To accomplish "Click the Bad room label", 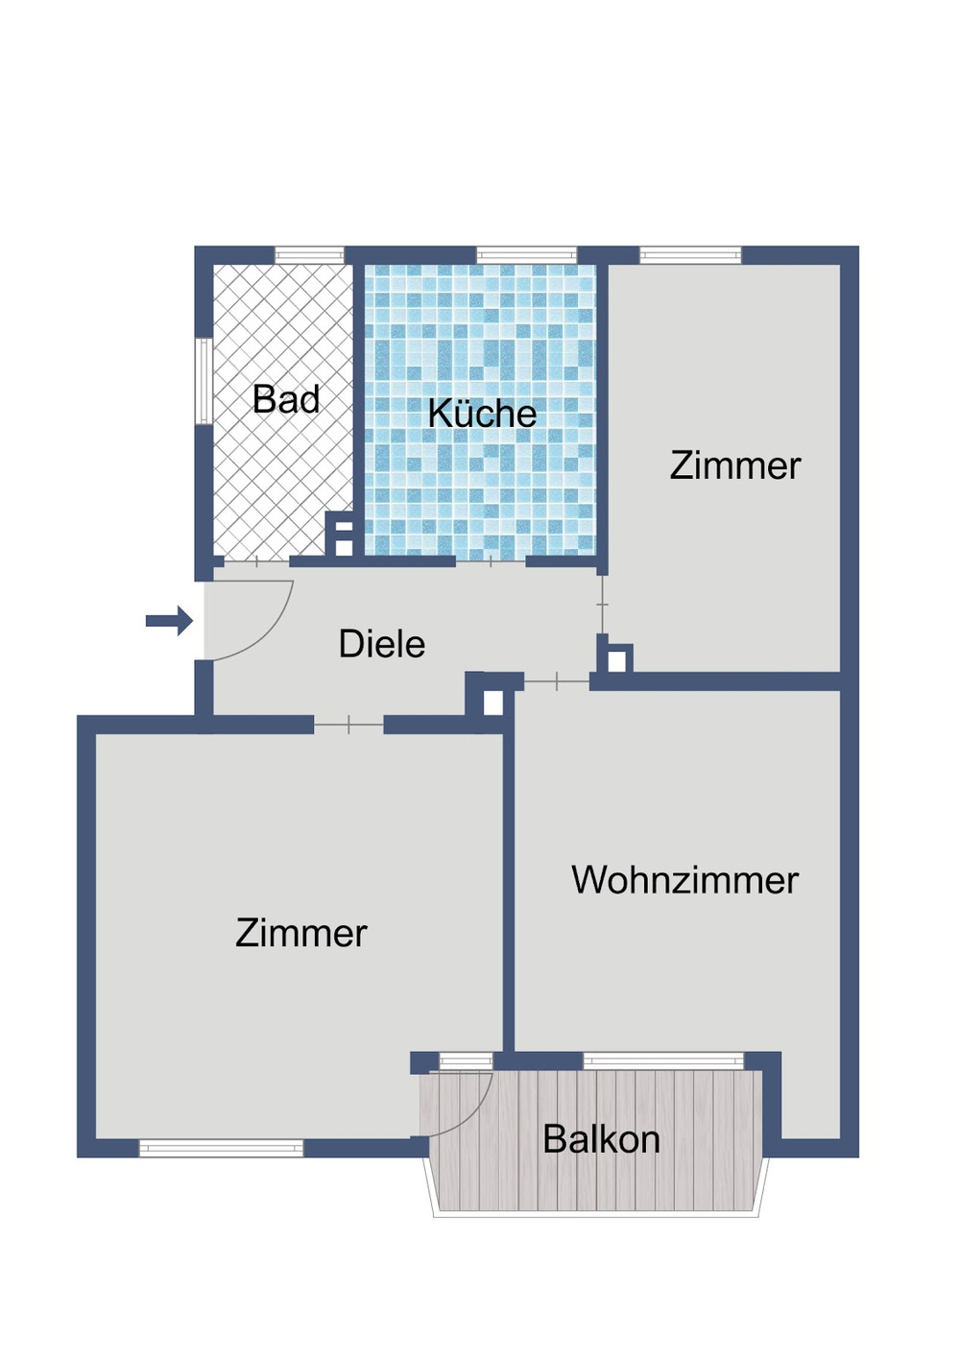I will click(x=286, y=399).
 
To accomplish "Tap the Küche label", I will click(x=482, y=414).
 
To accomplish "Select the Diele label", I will click(x=381, y=643).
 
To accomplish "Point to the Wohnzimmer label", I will click(x=684, y=880).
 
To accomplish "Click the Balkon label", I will click(x=601, y=1139).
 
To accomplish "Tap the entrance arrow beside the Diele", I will click(x=170, y=621).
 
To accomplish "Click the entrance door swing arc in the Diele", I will click(x=274, y=634).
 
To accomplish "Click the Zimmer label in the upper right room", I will click(x=734, y=465).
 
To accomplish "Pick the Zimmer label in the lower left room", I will click(x=300, y=933).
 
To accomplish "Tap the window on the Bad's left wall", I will click(x=204, y=381).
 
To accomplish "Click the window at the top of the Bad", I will click(x=309, y=255).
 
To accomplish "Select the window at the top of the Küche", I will click(x=526, y=255).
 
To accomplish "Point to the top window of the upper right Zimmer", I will click(x=690, y=255).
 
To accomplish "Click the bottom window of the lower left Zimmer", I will click(x=221, y=1148).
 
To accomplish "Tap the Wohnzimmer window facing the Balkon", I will click(x=663, y=1060).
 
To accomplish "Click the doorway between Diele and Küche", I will click(x=491, y=560).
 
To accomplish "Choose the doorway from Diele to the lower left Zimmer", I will click(x=348, y=725).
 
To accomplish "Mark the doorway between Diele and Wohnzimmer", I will click(x=556, y=681).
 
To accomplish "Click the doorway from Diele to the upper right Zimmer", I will click(x=602, y=605).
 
